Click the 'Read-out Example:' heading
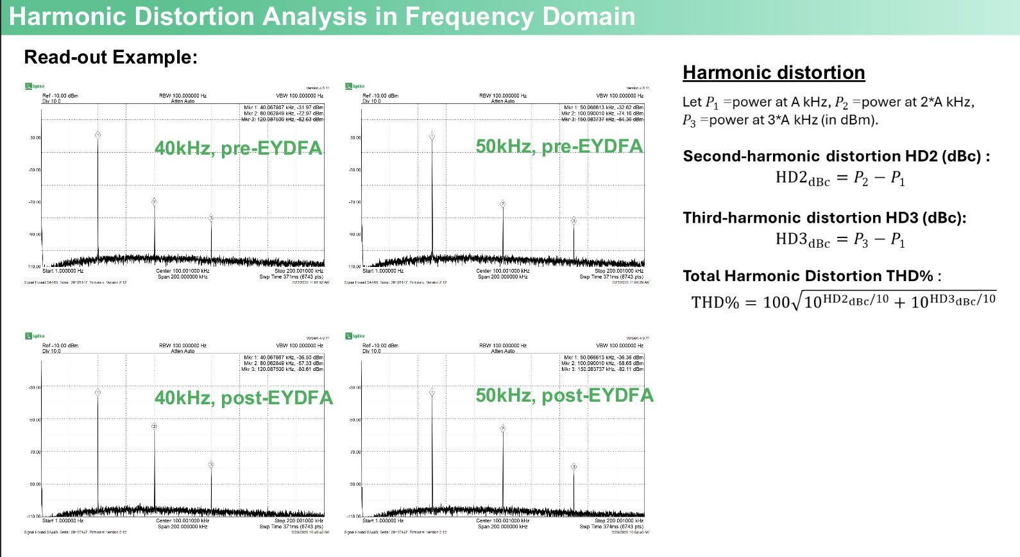[x=110, y=57]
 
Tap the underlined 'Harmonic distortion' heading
[x=774, y=73]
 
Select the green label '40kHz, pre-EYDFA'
[x=239, y=148]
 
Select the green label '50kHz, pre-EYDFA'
[x=559, y=146]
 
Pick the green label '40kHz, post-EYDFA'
[x=244, y=398]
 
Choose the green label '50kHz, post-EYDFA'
[x=565, y=395]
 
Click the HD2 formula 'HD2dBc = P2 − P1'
[x=840, y=178]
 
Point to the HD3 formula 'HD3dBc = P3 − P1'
[x=840, y=240]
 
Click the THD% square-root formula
[x=843, y=301]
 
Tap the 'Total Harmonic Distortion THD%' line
[x=812, y=276]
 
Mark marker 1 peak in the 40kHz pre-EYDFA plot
[x=98, y=135]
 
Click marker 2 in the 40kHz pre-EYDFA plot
[x=154, y=201]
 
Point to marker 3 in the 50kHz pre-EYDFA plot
[x=574, y=220]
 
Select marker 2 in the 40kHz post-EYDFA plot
[x=154, y=426]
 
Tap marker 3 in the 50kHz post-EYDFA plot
[x=574, y=467]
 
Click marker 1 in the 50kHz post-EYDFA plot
[x=432, y=392]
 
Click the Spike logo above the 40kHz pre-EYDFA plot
[x=34, y=86]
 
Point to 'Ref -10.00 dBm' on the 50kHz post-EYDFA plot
[x=380, y=346]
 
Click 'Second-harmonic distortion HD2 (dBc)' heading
[x=836, y=156]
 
